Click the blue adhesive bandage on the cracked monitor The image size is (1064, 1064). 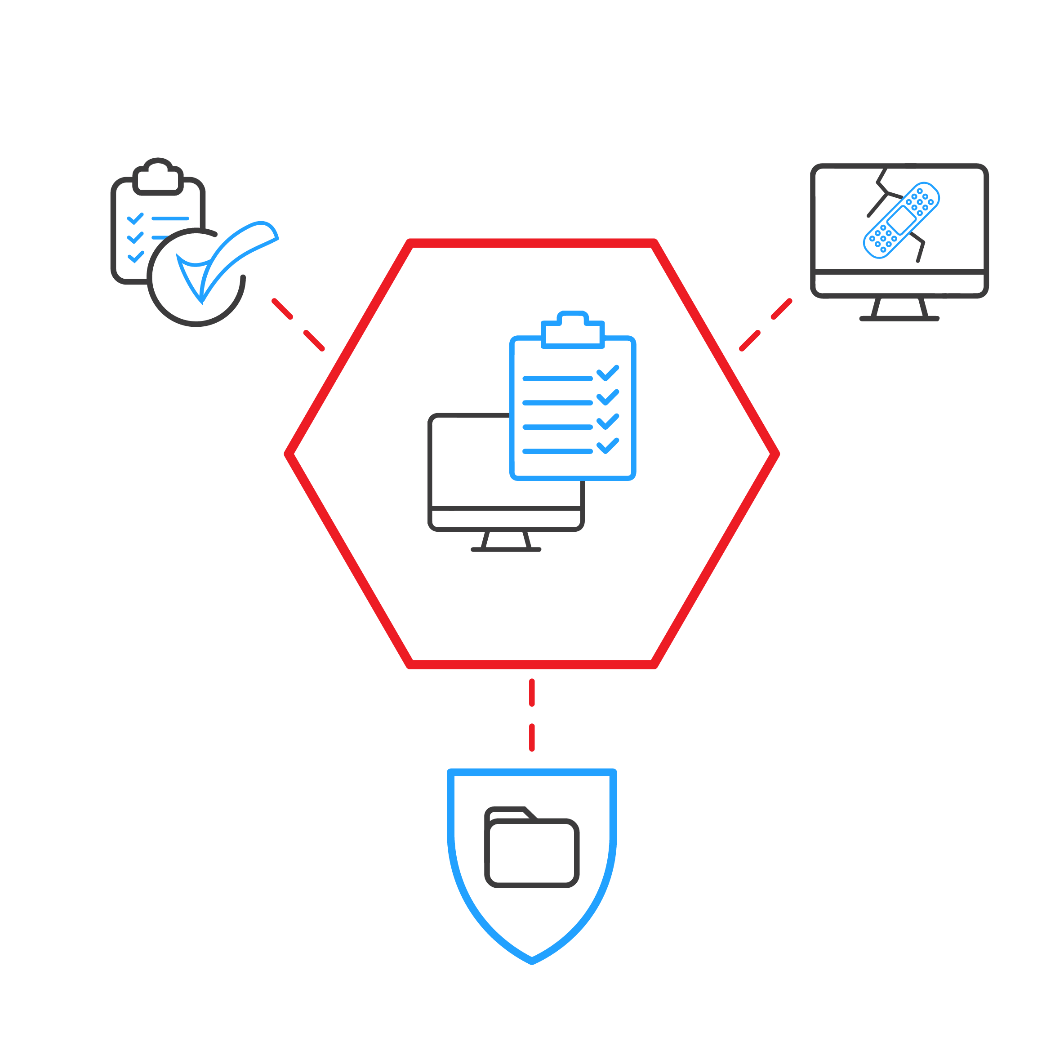(x=901, y=220)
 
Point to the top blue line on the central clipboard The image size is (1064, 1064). (x=557, y=378)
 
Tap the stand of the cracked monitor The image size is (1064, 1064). (x=899, y=310)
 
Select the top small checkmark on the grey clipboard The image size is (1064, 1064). (x=135, y=219)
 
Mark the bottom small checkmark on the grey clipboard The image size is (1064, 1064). (x=135, y=257)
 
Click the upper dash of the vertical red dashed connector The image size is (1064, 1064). (x=531, y=692)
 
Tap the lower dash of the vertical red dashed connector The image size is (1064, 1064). (x=531, y=737)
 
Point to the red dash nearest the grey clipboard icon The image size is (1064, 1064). (x=282, y=309)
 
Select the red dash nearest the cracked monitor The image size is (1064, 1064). (x=781, y=309)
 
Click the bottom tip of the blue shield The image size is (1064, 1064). (x=531, y=961)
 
